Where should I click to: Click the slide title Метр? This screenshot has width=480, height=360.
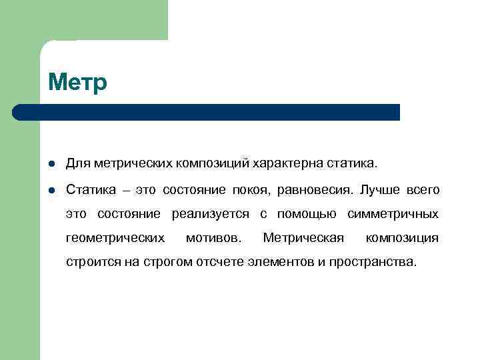click(77, 83)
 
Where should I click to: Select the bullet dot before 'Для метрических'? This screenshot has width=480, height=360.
click(51, 164)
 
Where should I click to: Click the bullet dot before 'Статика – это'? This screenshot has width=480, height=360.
click(51, 191)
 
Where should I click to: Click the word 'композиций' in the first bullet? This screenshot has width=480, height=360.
click(215, 163)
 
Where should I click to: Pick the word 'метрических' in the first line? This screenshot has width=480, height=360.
click(133, 163)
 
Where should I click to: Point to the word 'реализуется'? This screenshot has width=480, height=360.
click(210, 215)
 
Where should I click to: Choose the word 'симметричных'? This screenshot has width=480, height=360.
click(393, 214)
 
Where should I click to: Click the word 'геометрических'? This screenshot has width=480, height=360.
click(115, 239)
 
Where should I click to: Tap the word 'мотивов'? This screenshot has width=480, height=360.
click(214, 238)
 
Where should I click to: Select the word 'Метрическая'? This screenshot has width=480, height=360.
click(303, 238)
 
